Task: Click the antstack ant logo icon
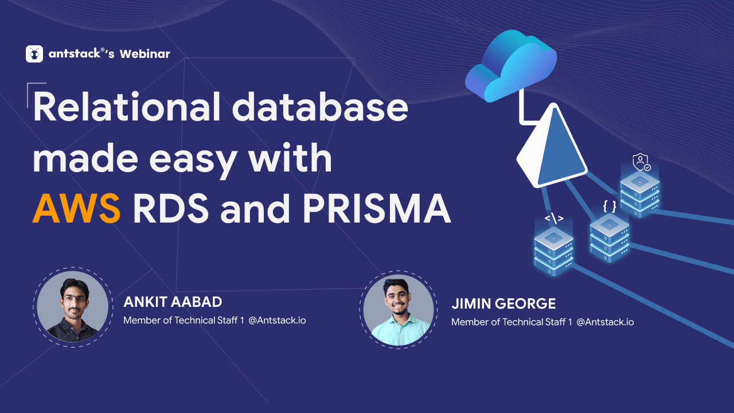[x=34, y=54]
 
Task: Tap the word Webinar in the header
[x=145, y=54]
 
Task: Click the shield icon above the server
[x=641, y=162]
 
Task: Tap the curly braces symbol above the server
[x=610, y=205]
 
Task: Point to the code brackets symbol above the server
[x=553, y=219]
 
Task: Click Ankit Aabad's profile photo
[x=72, y=306]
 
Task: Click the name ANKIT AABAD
[x=173, y=302]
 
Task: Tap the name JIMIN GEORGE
[x=503, y=304]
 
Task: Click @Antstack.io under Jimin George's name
[x=605, y=322]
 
